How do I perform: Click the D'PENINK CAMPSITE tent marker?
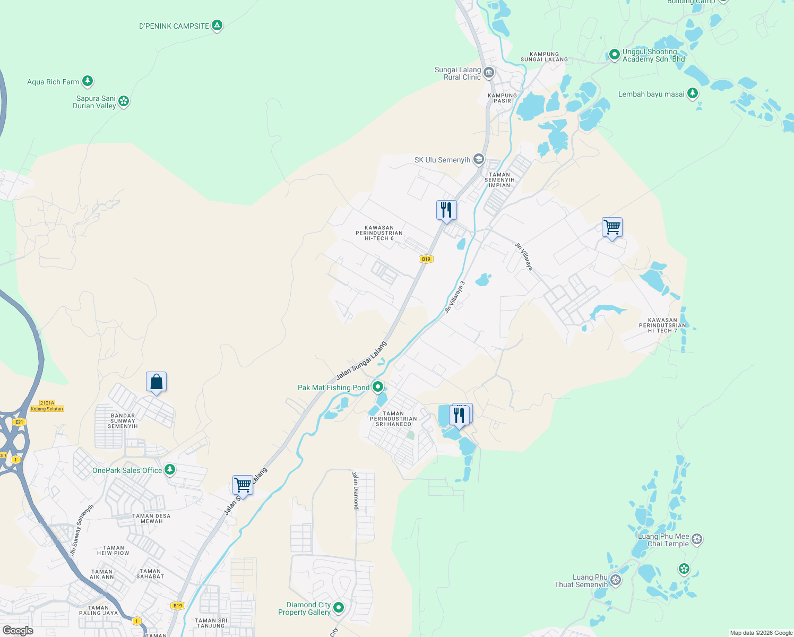(x=217, y=25)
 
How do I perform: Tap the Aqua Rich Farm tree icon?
(x=88, y=81)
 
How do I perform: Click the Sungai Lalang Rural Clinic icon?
(x=489, y=72)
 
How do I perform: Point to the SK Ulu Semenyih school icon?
(x=479, y=159)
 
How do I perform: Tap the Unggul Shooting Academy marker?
(x=614, y=54)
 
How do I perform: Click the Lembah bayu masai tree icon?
(x=692, y=93)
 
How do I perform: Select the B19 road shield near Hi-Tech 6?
(x=426, y=259)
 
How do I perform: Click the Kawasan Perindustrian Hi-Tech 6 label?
(x=379, y=233)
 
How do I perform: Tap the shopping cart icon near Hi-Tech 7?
(x=612, y=227)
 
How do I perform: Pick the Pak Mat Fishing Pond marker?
(x=378, y=387)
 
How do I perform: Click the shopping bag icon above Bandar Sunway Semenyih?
(x=157, y=382)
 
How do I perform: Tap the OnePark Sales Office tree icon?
(x=170, y=469)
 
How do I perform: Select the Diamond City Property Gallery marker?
(x=339, y=607)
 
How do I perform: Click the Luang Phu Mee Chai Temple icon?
(x=697, y=539)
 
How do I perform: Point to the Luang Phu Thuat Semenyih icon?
(x=616, y=580)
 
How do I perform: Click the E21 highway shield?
(x=19, y=422)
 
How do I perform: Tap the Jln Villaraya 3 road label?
(x=455, y=297)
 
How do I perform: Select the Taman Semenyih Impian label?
(x=499, y=180)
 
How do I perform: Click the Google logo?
(x=18, y=630)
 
